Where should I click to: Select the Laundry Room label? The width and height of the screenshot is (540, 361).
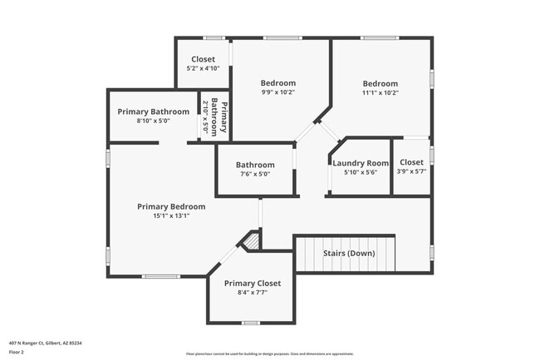coord(361,163)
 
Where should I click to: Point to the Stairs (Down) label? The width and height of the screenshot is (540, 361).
coord(349,253)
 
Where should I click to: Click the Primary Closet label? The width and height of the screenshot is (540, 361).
coord(253,283)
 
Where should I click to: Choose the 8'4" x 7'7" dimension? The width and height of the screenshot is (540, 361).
coord(253,293)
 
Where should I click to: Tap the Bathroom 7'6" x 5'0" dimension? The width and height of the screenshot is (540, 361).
coord(255,175)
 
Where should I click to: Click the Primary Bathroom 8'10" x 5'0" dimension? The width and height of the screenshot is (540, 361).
coord(153,121)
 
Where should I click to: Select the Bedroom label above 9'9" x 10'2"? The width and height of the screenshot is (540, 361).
coord(277,82)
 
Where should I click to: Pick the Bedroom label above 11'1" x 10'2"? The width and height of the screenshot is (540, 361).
coord(380,83)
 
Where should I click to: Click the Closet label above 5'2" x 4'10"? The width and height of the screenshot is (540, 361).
coord(204,59)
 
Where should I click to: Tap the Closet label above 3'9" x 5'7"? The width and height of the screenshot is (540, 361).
coord(411,162)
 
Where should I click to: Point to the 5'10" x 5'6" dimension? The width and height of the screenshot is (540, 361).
coord(361,172)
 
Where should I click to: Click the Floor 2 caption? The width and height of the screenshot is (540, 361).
coord(17,352)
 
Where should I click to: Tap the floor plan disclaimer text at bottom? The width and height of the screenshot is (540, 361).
coord(269,353)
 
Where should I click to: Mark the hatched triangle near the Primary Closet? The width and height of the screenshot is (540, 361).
coord(251,241)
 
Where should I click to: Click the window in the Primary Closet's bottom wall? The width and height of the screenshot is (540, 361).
coord(251,322)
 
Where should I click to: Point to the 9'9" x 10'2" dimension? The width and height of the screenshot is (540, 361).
coord(277,92)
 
